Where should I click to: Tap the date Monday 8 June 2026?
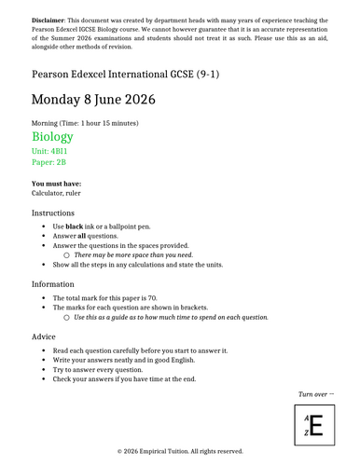[x=93, y=100]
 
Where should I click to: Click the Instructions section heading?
[x=59, y=213]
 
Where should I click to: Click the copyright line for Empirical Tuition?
[x=180, y=452]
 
